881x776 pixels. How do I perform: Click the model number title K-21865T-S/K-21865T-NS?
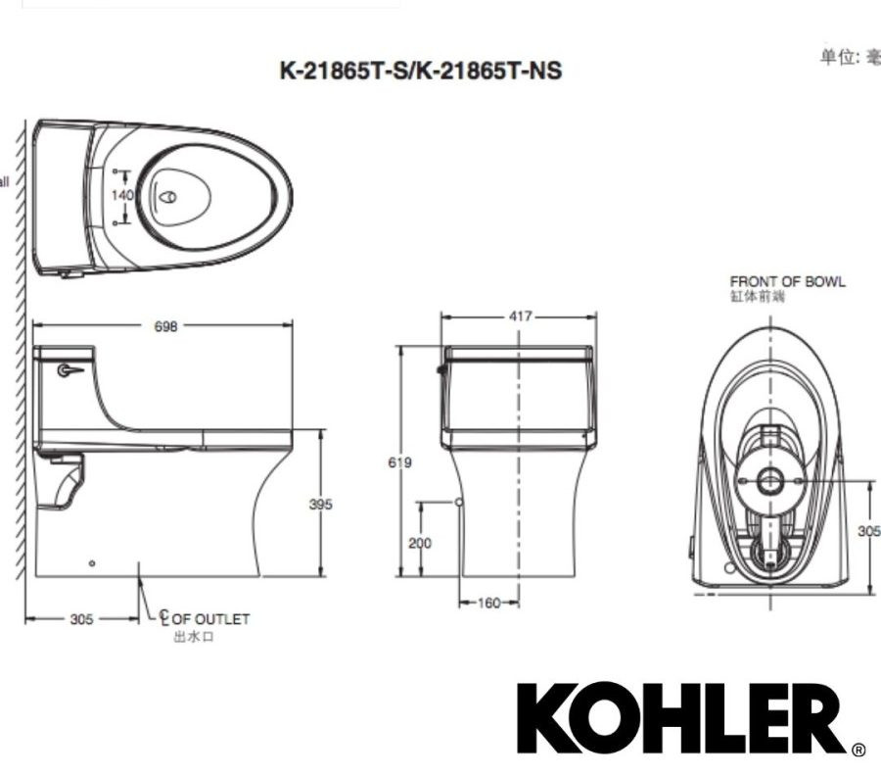tap(421, 71)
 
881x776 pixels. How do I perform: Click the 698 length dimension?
tap(166, 327)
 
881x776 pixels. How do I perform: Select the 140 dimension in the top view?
tap(122, 195)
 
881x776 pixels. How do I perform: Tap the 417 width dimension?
tap(520, 316)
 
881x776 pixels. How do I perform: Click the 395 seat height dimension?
tap(320, 504)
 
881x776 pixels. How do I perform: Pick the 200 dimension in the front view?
tap(420, 543)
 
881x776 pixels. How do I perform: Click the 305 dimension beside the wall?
tap(82, 619)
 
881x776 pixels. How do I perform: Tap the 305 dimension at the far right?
tap(868, 530)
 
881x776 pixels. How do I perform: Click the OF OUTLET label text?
tap(210, 619)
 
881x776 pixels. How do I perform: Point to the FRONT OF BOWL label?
tap(787, 282)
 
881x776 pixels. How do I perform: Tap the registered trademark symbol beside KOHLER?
tap(858, 751)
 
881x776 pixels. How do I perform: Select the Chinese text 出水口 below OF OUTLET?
tap(193, 637)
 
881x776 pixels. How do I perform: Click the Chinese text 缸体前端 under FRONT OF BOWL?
tap(758, 296)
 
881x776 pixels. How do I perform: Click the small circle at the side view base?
tap(92, 563)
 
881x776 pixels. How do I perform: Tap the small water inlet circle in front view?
tap(458, 502)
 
